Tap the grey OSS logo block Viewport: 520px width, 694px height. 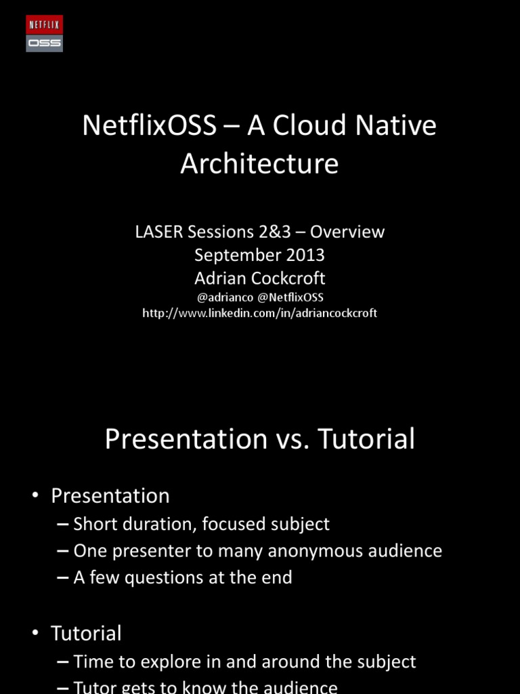click(44, 43)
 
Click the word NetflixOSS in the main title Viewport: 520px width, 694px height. click(149, 126)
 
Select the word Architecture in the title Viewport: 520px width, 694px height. click(259, 164)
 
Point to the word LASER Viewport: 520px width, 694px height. click(158, 232)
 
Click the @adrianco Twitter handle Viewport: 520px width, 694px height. click(225, 297)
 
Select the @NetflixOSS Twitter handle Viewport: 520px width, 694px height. click(290, 297)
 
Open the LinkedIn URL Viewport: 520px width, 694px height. click(259, 313)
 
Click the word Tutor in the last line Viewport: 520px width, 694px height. click(96, 687)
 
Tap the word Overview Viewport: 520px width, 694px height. click(347, 232)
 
